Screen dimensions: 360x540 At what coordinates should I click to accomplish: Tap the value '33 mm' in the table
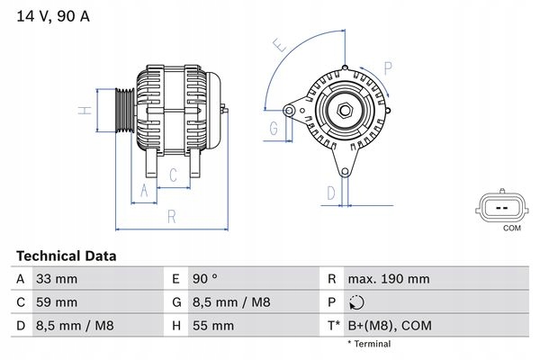point(56,280)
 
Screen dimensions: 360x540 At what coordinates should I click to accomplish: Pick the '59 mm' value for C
point(56,302)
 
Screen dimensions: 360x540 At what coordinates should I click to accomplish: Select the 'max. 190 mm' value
point(390,280)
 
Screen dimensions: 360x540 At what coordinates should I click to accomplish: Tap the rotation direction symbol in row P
point(359,303)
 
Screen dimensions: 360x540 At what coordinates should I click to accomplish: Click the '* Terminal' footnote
point(369,344)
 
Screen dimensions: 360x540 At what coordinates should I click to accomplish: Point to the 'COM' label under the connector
point(511,229)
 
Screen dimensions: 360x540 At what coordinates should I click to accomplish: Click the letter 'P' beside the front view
point(388,67)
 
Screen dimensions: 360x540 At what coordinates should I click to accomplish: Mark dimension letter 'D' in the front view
point(331,192)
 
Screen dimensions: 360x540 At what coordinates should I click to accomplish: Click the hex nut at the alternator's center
point(344,111)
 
